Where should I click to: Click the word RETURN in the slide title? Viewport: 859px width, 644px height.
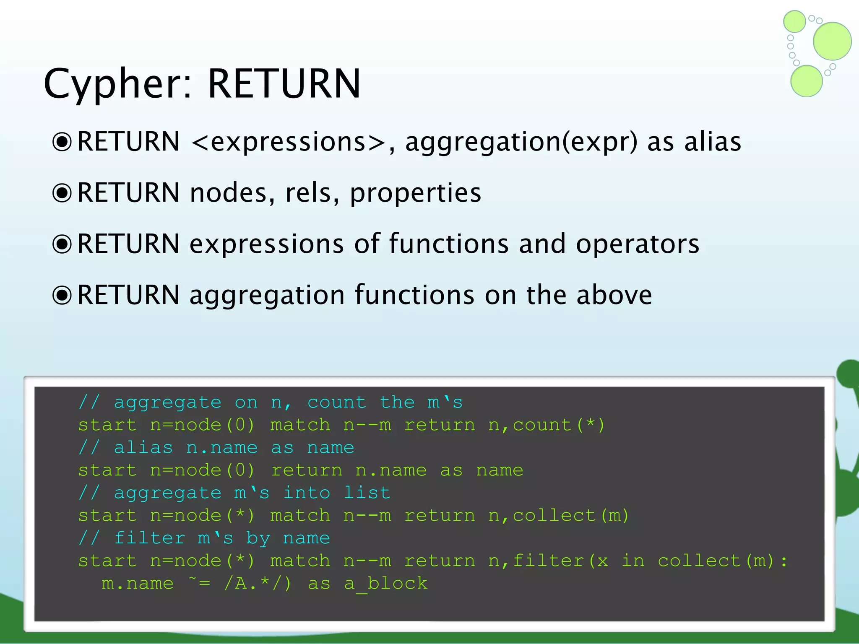(284, 84)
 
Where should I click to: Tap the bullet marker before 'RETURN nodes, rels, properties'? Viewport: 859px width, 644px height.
(62, 193)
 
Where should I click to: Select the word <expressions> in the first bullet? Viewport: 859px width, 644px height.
(289, 142)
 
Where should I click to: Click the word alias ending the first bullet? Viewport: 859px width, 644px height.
(713, 142)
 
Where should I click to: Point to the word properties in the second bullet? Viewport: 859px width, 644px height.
(415, 193)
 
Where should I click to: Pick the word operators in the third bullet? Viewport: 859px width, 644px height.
(638, 244)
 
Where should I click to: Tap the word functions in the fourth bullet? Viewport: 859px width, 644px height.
(415, 295)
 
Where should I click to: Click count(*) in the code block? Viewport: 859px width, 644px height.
(558, 425)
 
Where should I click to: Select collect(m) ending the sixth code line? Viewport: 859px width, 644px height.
(570, 516)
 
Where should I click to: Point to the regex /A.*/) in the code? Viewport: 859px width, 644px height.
(257, 584)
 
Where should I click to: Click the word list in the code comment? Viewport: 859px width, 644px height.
(367, 493)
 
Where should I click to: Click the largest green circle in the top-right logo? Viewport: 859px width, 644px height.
(832, 41)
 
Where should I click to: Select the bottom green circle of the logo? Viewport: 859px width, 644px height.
(806, 81)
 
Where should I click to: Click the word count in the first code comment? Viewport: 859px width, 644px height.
(337, 402)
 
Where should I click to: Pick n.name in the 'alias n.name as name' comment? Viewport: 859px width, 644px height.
(222, 448)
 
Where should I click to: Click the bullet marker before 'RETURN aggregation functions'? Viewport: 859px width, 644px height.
(62, 295)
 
